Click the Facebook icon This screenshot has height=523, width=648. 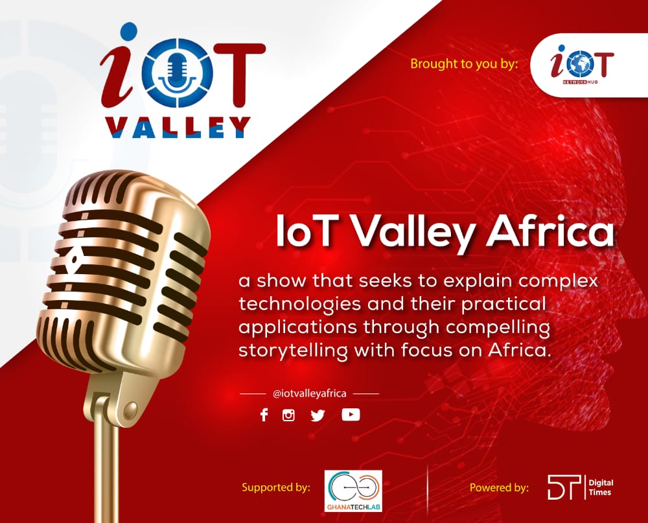[264, 415]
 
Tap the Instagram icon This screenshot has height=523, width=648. [289, 415]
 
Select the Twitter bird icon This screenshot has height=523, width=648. [318, 415]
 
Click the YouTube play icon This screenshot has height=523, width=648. [351, 414]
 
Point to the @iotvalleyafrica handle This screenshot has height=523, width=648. [309, 393]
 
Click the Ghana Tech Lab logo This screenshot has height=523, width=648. [353, 491]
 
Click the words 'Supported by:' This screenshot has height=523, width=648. [276, 487]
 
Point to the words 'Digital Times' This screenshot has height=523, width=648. [600, 487]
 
